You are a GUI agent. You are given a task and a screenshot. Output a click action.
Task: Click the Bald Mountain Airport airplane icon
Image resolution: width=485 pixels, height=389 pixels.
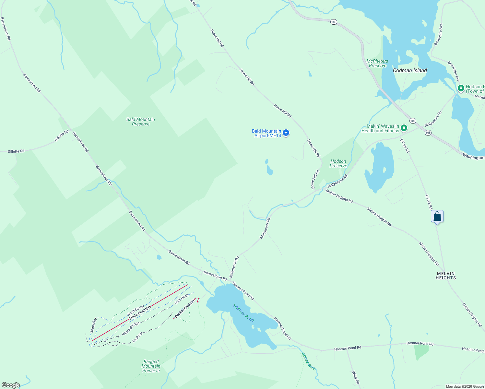point(286,133)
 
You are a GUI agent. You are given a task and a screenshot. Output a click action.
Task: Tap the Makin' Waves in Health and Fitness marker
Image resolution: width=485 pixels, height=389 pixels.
point(404,128)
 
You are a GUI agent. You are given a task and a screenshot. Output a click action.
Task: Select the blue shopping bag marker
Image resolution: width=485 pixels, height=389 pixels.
point(437,216)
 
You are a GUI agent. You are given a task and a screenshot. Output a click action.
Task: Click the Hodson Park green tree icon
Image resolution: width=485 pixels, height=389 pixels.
point(461,88)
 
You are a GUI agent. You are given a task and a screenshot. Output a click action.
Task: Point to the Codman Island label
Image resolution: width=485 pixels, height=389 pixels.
point(410,70)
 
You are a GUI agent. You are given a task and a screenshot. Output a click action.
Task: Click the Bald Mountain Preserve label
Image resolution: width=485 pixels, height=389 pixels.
point(141,122)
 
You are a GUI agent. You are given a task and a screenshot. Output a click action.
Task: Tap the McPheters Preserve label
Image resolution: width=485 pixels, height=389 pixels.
point(377,63)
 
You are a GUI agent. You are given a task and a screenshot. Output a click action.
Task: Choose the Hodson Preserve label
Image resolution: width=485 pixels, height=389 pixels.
point(338,163)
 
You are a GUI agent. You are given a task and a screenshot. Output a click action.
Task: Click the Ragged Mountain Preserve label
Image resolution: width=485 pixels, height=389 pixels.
point(151,366)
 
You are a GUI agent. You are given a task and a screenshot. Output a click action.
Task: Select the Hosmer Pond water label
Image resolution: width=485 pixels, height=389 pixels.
point(243,313)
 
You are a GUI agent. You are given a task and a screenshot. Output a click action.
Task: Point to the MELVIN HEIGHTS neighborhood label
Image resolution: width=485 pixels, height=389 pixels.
point(446,276)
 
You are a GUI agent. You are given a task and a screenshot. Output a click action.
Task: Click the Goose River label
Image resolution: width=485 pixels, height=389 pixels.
point(309,361)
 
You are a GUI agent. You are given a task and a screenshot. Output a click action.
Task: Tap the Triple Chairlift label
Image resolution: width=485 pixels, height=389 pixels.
point(140,313)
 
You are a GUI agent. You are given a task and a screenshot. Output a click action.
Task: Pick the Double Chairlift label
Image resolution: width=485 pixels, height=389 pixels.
point(185,309)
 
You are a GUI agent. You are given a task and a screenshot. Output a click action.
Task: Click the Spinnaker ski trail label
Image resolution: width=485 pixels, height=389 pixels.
point(93,325)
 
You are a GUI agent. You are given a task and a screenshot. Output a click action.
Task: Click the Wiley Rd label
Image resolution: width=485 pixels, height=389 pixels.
point(356,378)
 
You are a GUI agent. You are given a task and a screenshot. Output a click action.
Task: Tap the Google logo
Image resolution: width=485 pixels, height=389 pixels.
point(11,385)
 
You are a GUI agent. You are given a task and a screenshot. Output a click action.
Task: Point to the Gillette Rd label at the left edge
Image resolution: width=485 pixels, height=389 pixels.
point(16,151)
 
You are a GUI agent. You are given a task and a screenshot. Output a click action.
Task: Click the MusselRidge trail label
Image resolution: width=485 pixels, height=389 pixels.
point(131,329)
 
